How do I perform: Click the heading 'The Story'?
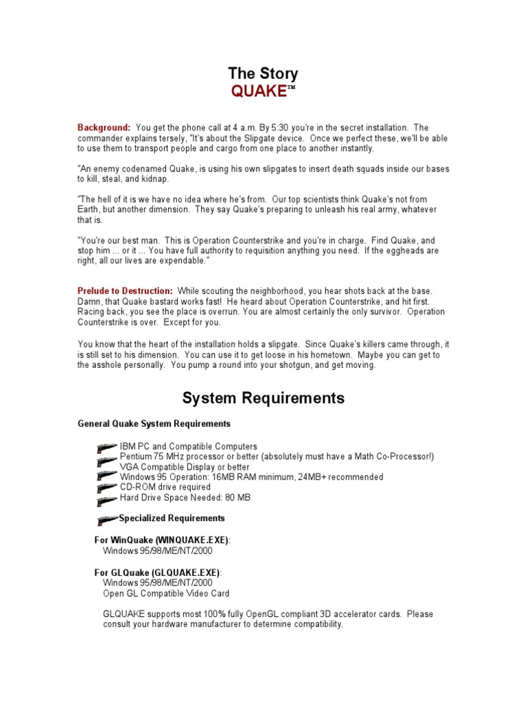(263, 74)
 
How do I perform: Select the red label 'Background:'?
(104, 128)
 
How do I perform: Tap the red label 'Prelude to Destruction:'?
(125, 291)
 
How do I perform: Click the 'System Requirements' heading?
(263, 398)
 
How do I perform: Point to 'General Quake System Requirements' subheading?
(154, 424)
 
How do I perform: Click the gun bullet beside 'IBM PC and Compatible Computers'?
(107, 447)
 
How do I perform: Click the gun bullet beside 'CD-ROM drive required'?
(107, 487)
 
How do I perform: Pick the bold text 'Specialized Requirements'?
(172, 518)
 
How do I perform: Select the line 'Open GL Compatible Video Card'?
(166, 593)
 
